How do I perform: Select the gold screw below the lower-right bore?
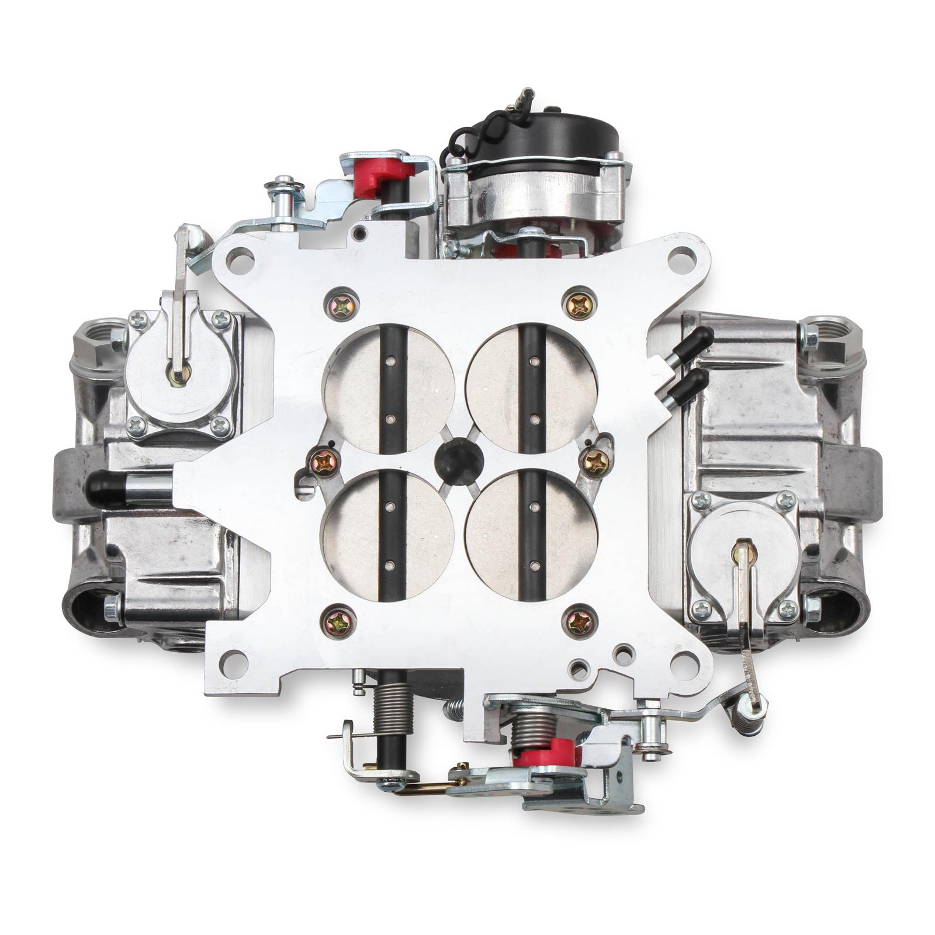579,623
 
